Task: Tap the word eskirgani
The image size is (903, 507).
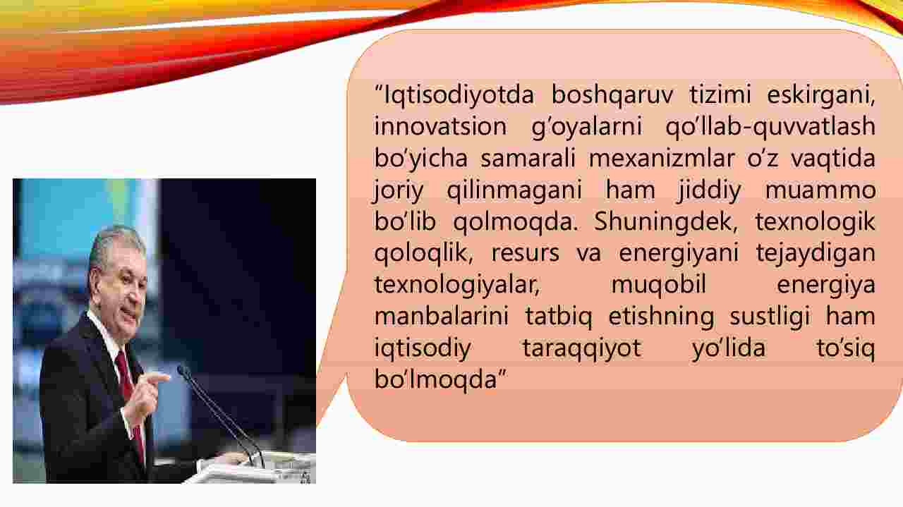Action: pos(820,95)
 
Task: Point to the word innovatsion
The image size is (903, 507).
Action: pos(440,126)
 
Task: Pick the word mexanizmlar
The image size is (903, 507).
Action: pos(661,158)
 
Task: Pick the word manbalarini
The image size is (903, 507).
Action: pos(442,317)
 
